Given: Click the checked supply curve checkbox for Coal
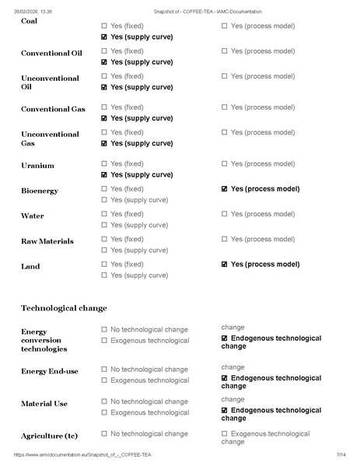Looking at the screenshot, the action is [x=104, y=37].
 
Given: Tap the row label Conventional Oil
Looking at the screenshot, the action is [x=51, y=53].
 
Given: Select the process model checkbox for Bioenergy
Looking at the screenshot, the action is [x=225, y=189].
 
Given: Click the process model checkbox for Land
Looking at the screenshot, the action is [x=225, y=265].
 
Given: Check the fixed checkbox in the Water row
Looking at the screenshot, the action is [x=104, y=214].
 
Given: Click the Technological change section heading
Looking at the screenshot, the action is [x=64, y=308].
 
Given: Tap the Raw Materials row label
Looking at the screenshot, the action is [x=47, y=241].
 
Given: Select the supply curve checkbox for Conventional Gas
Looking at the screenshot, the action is [x=104, y=118].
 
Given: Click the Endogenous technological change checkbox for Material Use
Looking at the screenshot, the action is [x=225, y=410].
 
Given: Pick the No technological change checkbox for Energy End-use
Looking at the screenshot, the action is [x=104, y=370].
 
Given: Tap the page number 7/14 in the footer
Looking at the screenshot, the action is [x=341, y=454].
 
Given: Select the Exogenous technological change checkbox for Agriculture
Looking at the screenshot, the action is [x=225, y=434].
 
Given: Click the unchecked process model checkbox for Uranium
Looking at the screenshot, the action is [x=225, y=164].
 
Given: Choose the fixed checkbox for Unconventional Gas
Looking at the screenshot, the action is [x=104, y=132].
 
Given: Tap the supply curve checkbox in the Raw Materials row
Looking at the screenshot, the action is [x=104, y=250].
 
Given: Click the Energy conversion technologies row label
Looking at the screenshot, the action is [x=50, y=341].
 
